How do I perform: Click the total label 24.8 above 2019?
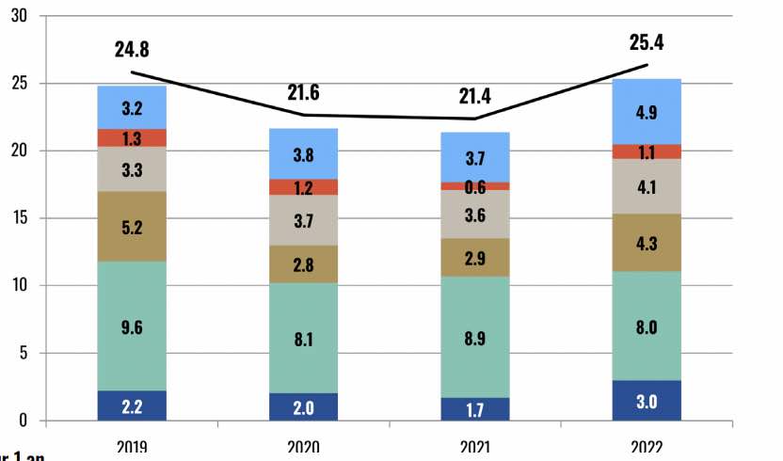pos(133,50)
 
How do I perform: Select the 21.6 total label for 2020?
pos(304,93)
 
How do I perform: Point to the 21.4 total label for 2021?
pos(474,96)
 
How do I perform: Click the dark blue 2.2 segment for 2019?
pos(133,405)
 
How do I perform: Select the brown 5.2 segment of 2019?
pos(133,226)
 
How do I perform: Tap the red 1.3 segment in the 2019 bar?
pos(133,138)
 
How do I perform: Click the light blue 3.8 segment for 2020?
pos(304,153)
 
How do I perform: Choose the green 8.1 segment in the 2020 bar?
pos(304,338)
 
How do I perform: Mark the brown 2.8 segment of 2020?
pos(304,264)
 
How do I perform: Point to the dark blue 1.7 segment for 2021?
pos(474,409)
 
